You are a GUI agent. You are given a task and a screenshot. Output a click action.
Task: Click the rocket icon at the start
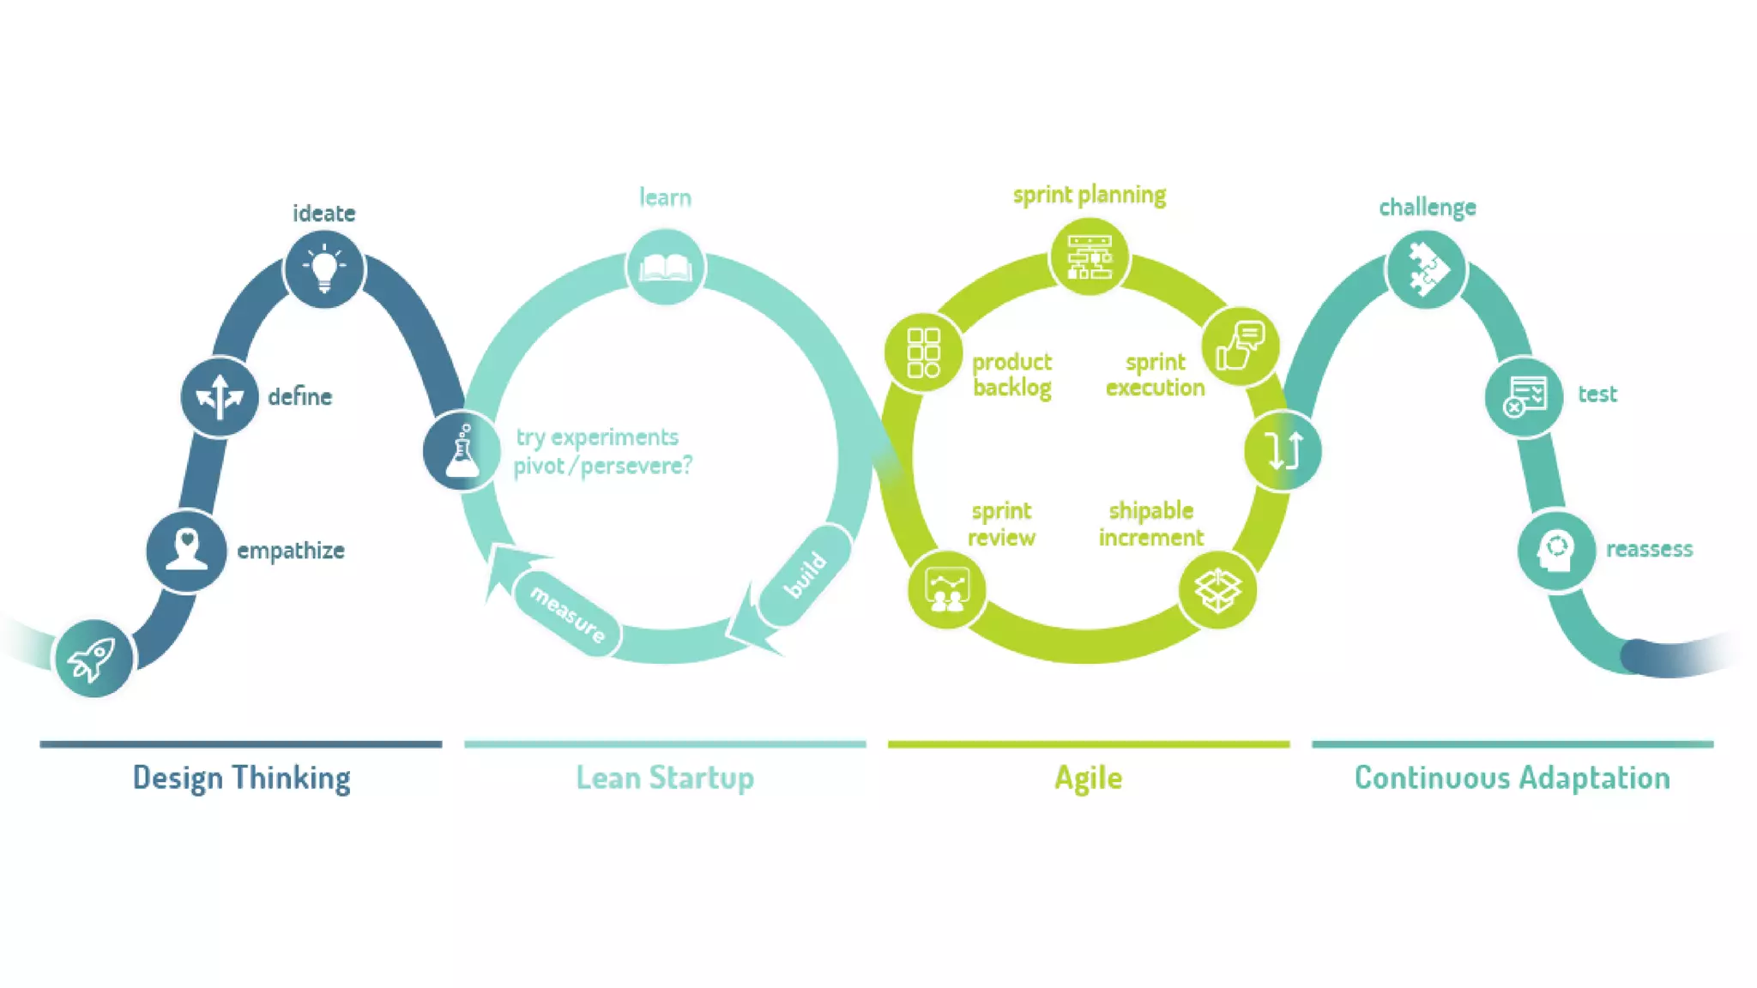click(93, 659)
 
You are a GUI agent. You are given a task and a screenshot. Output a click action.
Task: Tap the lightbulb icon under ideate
click(324, 268)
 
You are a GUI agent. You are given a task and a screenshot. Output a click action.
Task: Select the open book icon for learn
click(666, 268)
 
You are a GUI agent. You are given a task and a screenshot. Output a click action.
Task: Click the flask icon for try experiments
click(462, 451)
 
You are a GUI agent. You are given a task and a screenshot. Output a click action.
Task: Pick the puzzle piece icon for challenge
click(1427, 269)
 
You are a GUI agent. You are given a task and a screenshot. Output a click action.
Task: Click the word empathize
click(290, 551)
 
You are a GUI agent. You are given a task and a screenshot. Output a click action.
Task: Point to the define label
click(299, 397)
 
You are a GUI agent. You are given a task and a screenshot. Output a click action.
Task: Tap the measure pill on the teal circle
click(567, 614)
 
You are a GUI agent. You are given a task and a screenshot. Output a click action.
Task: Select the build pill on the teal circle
click(806, 575)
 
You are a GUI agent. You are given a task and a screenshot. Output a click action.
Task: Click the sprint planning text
click(1089, 196)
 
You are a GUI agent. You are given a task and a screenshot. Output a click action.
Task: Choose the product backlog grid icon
click(923, 352)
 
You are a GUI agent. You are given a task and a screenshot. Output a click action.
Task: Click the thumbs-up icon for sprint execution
click(1241, 346)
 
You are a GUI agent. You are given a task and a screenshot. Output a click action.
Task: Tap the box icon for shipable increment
click(1217, 590)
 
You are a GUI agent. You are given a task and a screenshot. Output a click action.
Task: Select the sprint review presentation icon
click(946, 590)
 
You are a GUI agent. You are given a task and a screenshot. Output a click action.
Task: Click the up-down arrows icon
click(1283, 451)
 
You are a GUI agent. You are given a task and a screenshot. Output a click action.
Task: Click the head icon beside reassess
click(1555, 551)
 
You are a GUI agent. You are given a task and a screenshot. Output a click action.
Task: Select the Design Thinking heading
click(241, 778)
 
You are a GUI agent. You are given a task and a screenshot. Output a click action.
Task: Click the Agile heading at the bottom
click(1088, 778)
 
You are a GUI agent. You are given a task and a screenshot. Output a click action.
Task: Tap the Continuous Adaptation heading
click(1512, 778)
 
